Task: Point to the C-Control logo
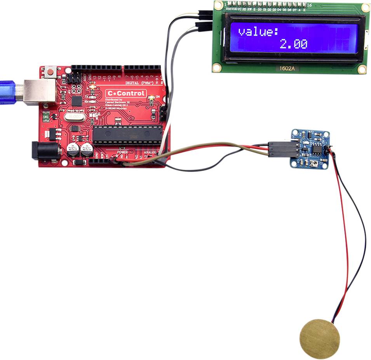tap(126, 93)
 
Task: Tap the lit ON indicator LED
tap(152, 98)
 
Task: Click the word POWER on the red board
tap(122, 152)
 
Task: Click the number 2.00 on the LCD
tap(294, 44)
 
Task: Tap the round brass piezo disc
tap(320, 339)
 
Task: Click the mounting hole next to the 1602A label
tap(217, 68)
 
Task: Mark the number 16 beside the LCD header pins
tap(309, 5)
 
